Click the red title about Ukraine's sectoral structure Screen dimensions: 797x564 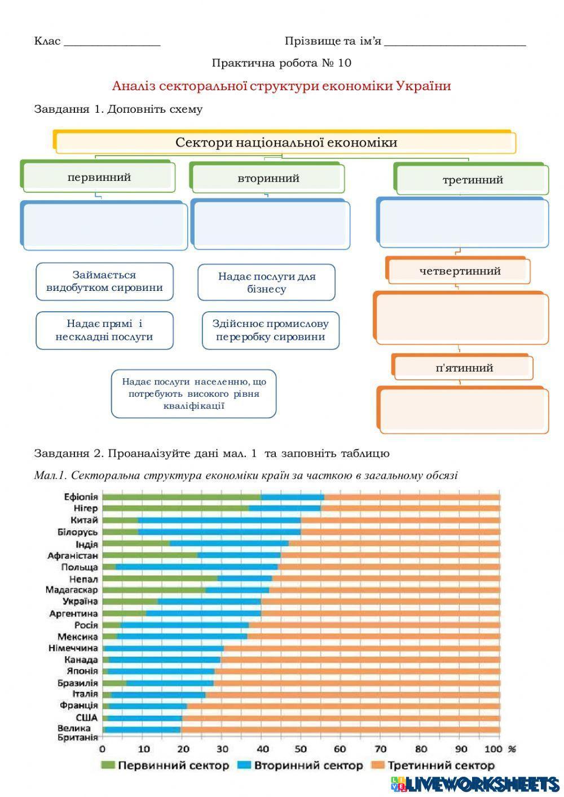click(281, 86)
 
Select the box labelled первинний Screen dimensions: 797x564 click(99, 178)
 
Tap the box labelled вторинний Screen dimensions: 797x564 click(268, 179)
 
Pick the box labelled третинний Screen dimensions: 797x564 click(472, 180)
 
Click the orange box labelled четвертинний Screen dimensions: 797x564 click(460, 271)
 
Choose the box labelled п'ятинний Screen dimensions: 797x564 click(464, 368)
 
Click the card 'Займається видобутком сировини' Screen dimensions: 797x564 click(104, 281)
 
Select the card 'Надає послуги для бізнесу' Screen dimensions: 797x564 click(267, 282)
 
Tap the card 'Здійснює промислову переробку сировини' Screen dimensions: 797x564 click(271, 330)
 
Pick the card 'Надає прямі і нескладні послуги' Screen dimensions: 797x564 click(104, 330)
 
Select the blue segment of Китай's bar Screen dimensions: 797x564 click(219, 520)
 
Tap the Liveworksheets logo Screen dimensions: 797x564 click(475, 783)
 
